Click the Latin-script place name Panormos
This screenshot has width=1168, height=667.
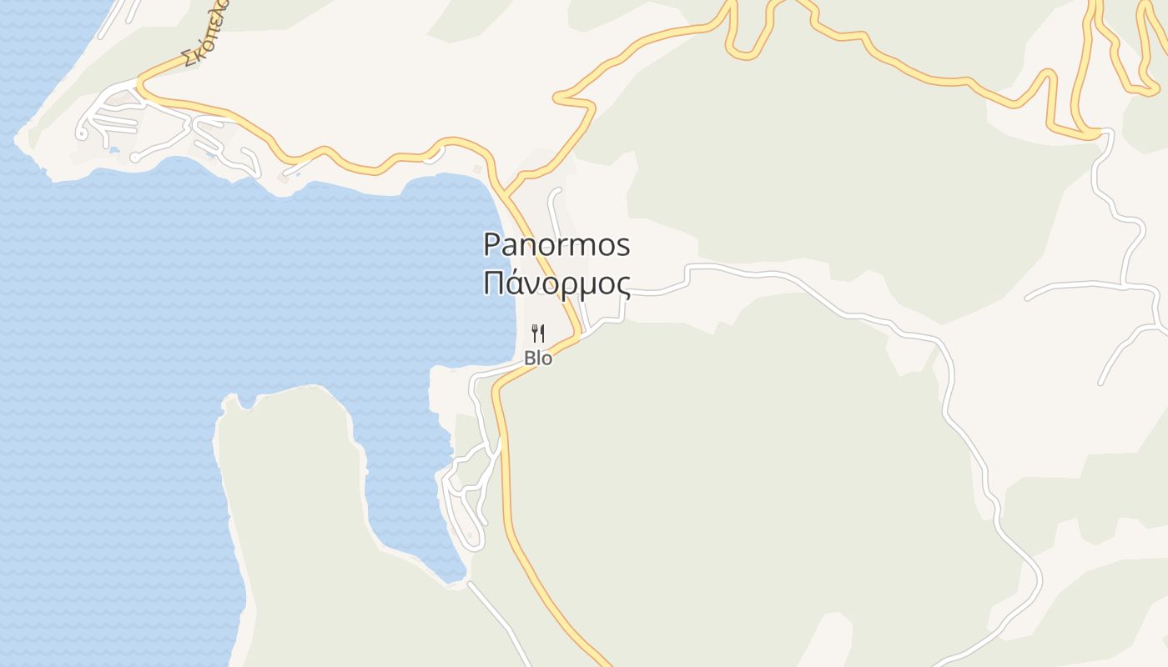pyautogui.click(x=556, y=245)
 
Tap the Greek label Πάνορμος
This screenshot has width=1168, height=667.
pyautogui.click(x=556, y=283)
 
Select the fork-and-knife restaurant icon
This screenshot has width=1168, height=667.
pyautogui.click(x=538, y=333)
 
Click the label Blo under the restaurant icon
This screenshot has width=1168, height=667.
pyautogui.click(x=538, y=359)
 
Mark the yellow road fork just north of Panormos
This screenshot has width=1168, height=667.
pyautogui.click(x=506, y=194)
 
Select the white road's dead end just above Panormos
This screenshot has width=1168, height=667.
pyautogui.click(x=556, y=191)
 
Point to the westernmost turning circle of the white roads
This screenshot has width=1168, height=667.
pyautogui.click(x=83, y=133)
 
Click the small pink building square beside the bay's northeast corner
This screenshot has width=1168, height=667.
pyautogui.click(x=477, y=169)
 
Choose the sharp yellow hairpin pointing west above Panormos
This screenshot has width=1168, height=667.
pyautogui.click(x=557, y=98)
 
